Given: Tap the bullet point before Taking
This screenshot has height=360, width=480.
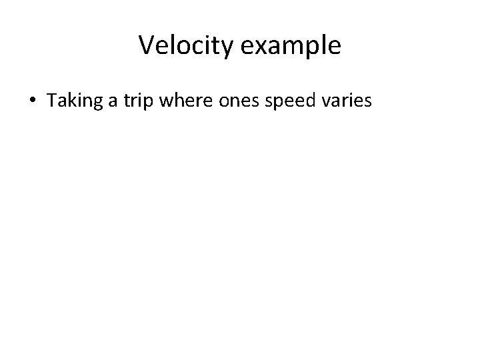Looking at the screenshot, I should [33, 101].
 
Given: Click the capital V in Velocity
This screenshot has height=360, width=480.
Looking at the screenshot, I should [147, 45].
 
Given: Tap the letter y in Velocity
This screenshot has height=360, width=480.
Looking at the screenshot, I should [225, 49].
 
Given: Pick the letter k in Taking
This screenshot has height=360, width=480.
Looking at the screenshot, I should [68, 101].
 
